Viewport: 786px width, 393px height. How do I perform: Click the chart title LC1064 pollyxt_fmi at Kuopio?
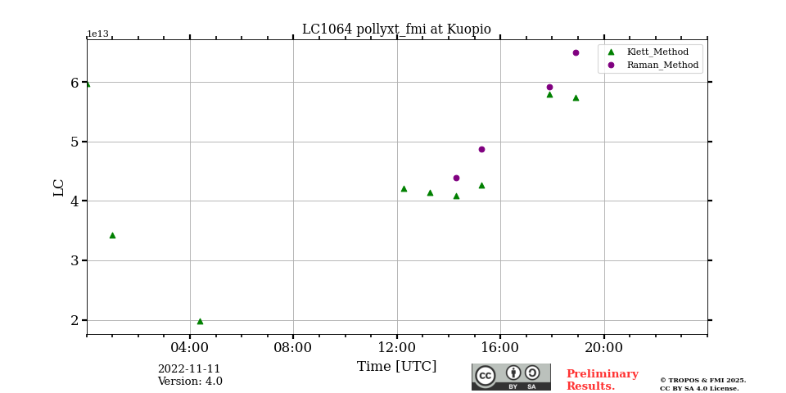tap(396, 29)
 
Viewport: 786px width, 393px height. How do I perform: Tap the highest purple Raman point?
tap(576, 52)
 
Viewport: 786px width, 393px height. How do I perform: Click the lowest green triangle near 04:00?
tap(200, 321)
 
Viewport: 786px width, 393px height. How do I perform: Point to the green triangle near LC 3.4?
tap(112, 235)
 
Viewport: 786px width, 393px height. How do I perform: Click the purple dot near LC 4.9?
tap(481, 149)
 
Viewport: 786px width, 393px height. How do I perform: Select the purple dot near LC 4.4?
tap(456, 178)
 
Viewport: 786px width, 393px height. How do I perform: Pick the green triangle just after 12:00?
tap(404, 188)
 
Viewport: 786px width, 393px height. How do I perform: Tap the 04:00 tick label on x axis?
tap(190, 347)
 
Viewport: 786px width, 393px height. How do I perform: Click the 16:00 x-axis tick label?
tap(500, 347)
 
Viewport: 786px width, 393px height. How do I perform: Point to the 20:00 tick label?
tap(603, 347)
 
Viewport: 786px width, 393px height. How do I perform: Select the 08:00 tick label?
tap(293, 347)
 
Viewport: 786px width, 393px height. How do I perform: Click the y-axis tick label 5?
tap(75, 142)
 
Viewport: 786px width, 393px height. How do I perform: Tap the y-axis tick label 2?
tap(75, 320)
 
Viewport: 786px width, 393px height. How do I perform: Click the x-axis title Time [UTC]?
tap(396, 367)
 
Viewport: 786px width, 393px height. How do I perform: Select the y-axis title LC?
tap(59, 187)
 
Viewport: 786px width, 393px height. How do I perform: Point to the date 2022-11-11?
tap(189, 369)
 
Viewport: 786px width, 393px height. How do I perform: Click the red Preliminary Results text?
tap(602, 380)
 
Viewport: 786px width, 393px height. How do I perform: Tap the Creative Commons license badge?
tap(511, 377)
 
